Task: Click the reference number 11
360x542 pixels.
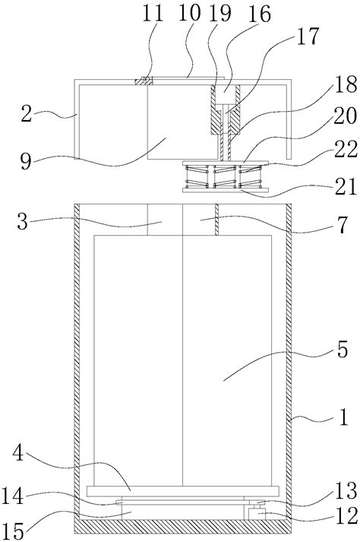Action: [x=153, y=14]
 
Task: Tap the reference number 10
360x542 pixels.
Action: [x=190, y=14]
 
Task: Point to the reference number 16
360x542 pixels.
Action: [x=260, y=14]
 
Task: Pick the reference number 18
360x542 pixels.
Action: [x=346, y=84]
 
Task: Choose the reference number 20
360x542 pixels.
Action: [x=345, y=116]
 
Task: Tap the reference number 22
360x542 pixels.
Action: [x=346, y=150]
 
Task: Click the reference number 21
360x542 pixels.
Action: [x=346, y=186]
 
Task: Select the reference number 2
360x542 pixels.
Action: [x=27, y=114]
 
